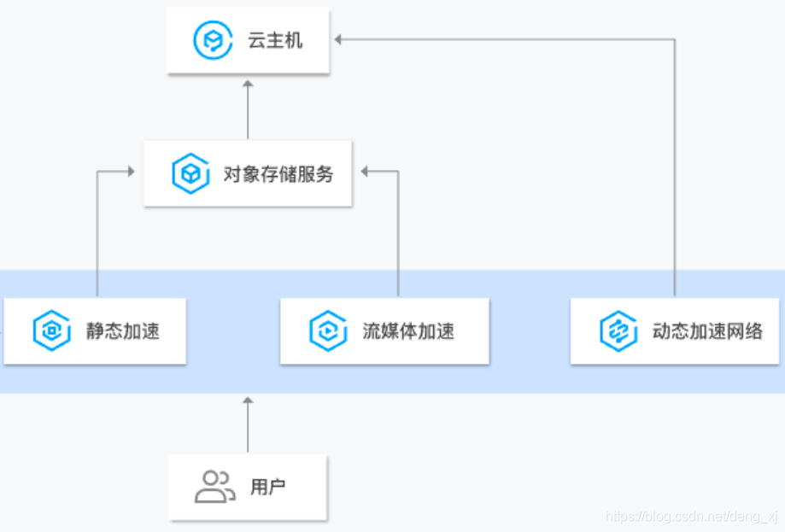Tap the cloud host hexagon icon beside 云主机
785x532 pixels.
click(208, 40)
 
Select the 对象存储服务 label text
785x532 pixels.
click(278, 174)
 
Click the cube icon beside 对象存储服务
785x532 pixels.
click(190, 174)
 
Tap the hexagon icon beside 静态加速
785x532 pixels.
click(51, 331)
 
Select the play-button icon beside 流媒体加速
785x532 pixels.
click(327, 331)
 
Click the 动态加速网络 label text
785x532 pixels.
click(707, 331)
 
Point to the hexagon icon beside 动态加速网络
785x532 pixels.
click(618, 331)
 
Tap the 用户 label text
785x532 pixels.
click(267, 488)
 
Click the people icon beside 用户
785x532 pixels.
click(214, 487)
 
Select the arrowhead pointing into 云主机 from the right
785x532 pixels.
click(338, 39)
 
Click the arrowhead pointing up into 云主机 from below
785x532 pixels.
click(248, 84)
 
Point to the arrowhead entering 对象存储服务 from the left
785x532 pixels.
click(132, 172)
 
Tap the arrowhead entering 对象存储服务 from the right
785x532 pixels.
click(364, 172)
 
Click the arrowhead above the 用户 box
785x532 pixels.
click(248, 400)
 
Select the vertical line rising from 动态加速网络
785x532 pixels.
click(675, 171)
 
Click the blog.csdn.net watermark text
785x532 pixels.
click(691, 517)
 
